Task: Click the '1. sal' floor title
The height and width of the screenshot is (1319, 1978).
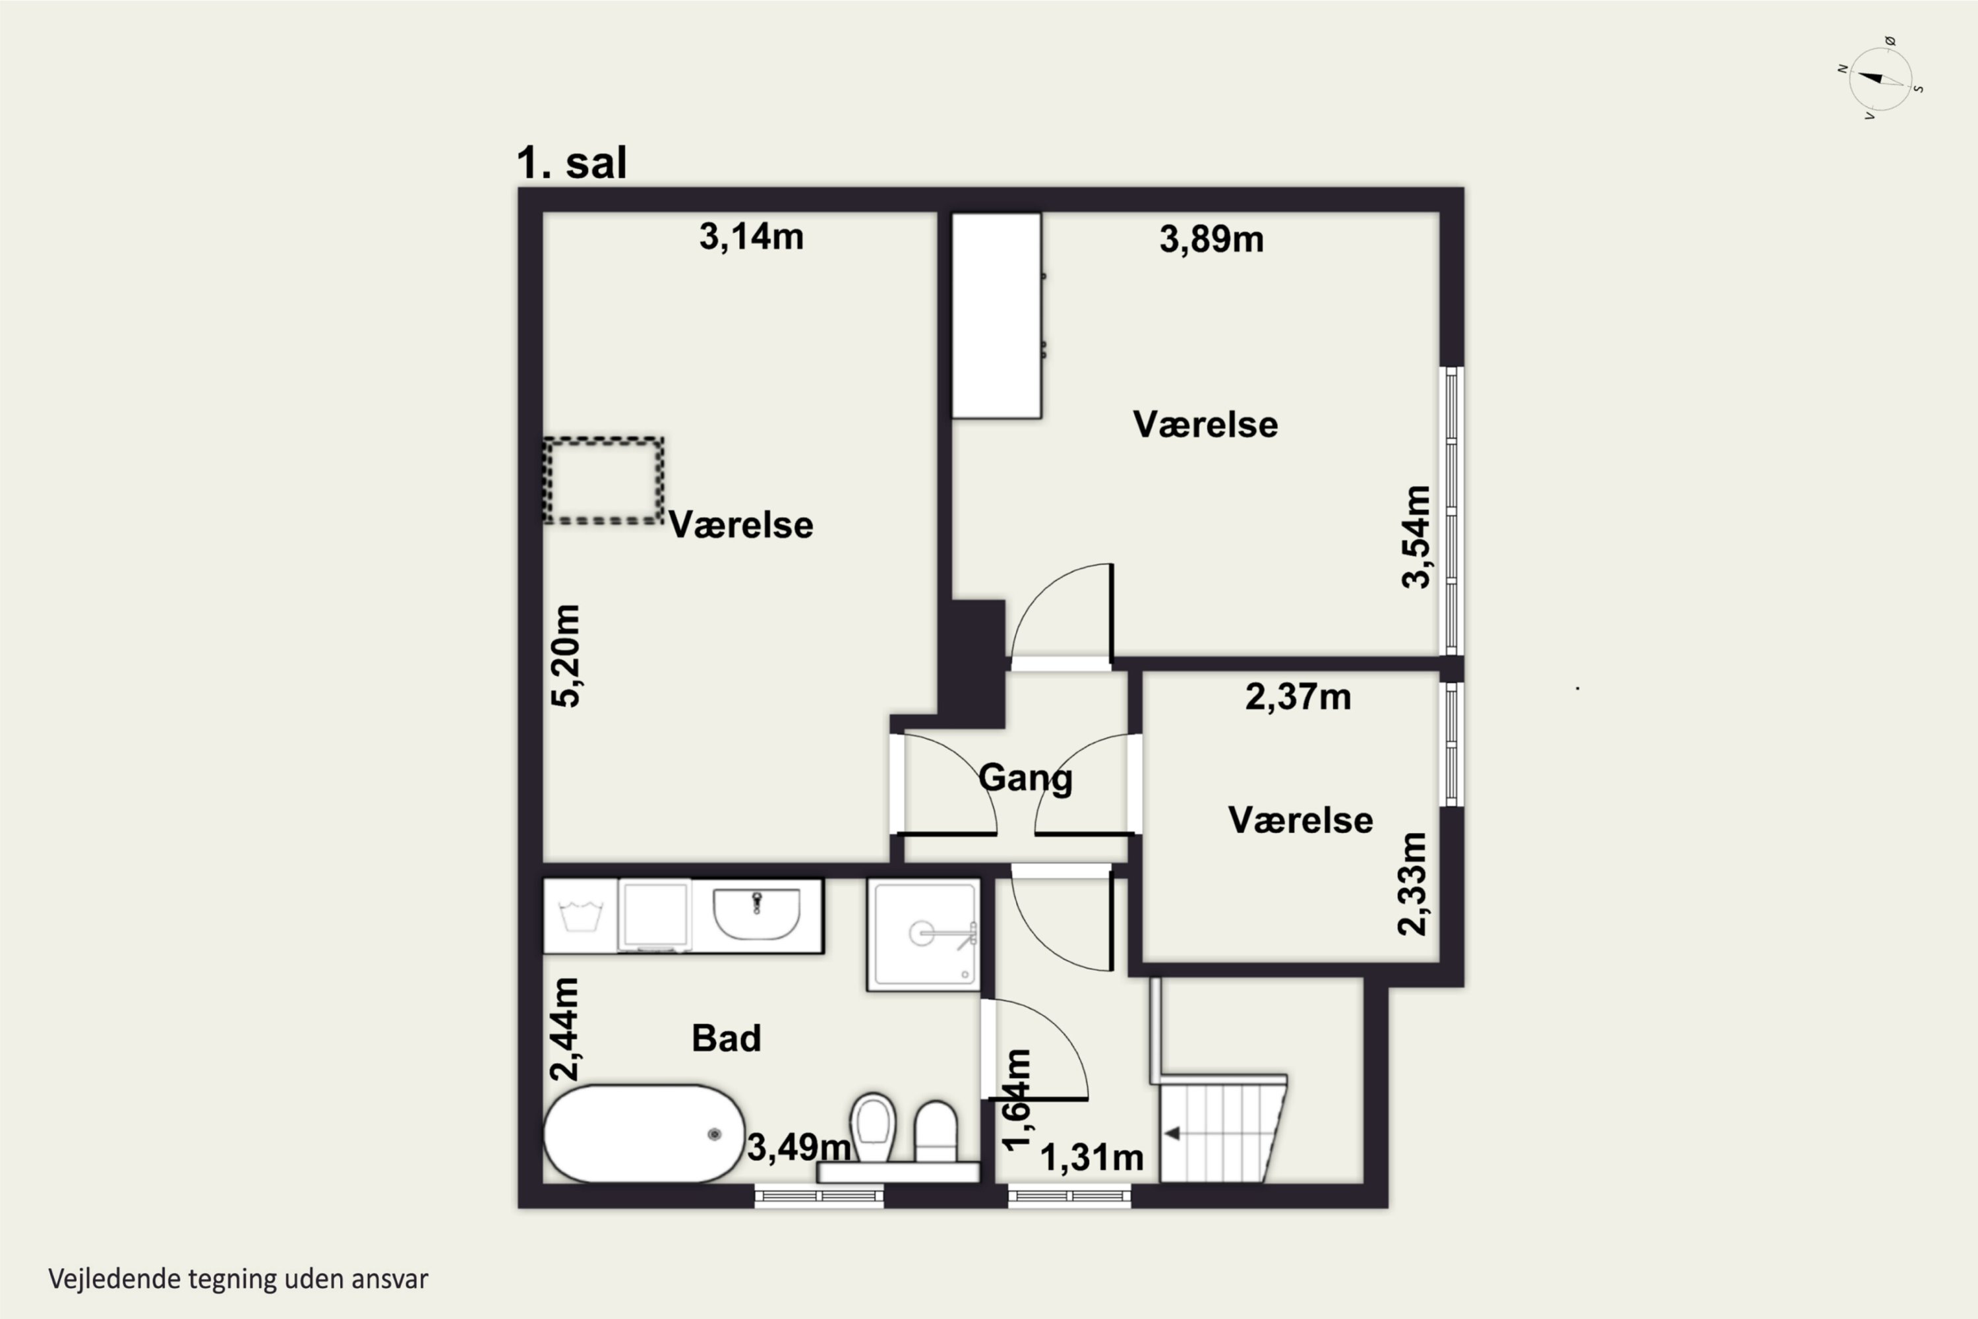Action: (572, 162)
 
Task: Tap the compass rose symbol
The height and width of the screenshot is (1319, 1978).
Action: (1880, 79)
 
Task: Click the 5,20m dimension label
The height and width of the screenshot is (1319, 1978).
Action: (566, 656)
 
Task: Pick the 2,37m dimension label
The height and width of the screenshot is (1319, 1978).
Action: (1298, 696)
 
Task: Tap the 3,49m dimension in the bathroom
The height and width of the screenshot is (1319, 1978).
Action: (799, 1147)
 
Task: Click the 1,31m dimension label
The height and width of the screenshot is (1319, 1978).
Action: (1092, 1157)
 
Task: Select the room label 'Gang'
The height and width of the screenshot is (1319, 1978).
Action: (1025, 778)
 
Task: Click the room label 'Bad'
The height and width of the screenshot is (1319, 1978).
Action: (727, 1038)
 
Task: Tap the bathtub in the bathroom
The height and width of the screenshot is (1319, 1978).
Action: (644, 1134)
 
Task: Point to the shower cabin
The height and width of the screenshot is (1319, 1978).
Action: (924, 935)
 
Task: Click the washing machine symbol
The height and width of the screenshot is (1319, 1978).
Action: (580, 916)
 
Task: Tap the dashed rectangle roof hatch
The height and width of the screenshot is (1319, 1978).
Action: (603, 481)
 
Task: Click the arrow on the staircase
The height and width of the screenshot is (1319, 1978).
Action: (1171, 1134)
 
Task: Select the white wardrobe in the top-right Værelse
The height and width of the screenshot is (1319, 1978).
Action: (996, 315)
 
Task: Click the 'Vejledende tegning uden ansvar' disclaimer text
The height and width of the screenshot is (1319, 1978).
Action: (238, 1279)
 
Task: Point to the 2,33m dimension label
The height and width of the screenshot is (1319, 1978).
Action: (1412, 884)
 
